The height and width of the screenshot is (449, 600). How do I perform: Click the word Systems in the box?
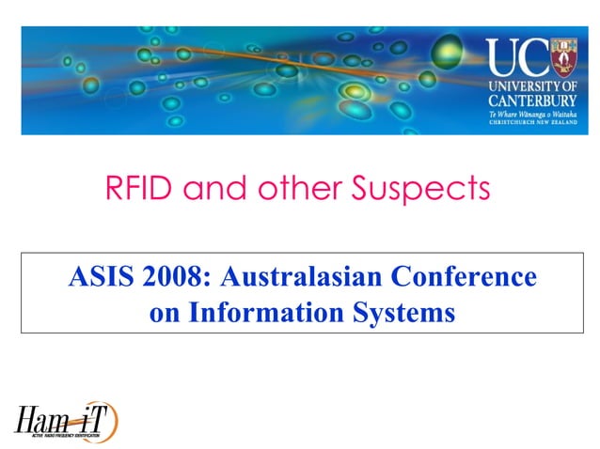coord(410,311)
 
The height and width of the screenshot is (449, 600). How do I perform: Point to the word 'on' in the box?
coord(164,311)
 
